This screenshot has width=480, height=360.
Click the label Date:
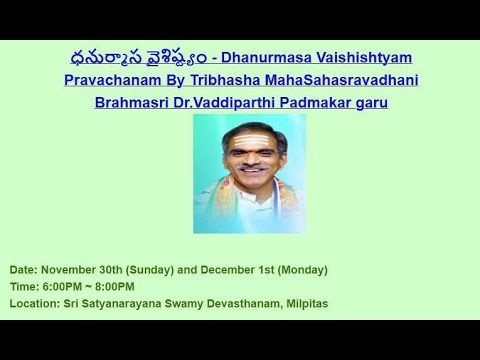click(24, 270)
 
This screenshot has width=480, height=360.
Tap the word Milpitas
click(303, 303)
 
